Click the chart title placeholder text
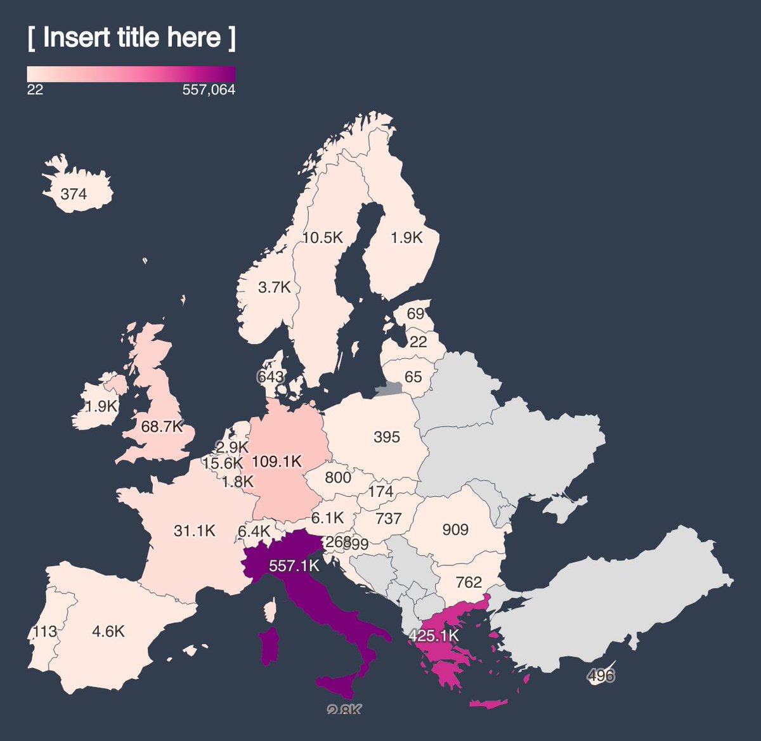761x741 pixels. (x=131, y=38)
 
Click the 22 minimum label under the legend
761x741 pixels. (x=35, y=90)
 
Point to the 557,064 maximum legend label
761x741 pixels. (x=209, y=90)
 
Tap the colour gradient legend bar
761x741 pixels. (x=131, y=74)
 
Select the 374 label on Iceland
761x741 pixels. (x=74, y=194)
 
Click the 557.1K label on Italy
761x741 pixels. (x=294, y=565)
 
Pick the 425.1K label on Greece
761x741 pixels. (x=434, y=635)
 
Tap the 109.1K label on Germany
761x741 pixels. (x=276, y=461)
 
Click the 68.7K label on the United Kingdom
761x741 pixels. (x=162, y=427)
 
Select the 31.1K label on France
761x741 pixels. (x=195, y=531)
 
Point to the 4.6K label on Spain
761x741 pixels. (x=108, y=631)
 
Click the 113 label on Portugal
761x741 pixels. (x=44, y=631)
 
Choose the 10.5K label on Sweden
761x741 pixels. (x=322, y=238)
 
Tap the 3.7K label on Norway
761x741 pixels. (x=274, y=287)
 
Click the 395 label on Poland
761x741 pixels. (x=387, y=437)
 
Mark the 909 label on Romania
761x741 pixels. (x=455, y=529)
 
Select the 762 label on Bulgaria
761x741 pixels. (x=469, y=582)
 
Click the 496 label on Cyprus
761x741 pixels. (x=601, y=675)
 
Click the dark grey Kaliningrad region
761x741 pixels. (x=389, y=389)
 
